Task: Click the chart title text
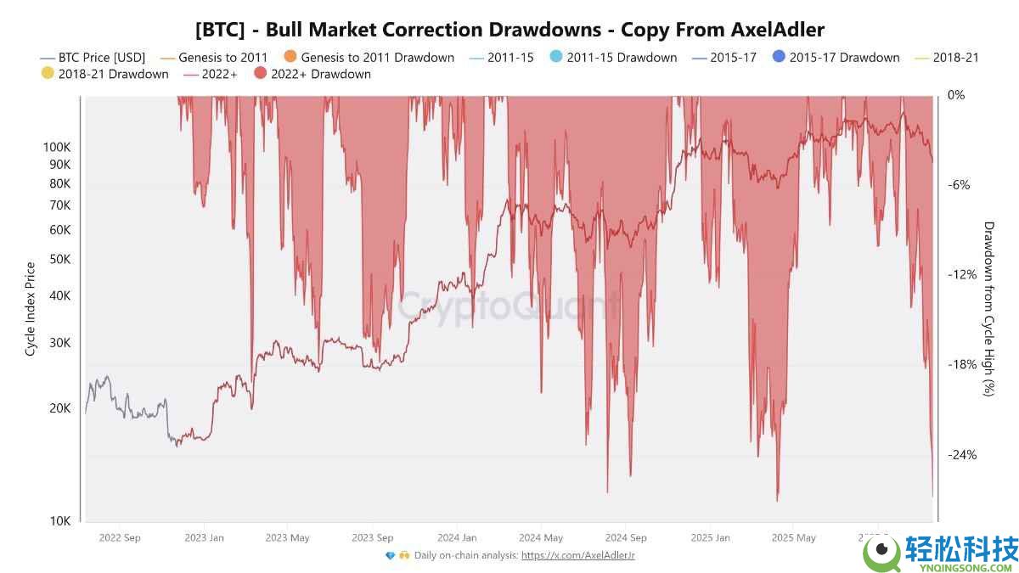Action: click(x=509, y=30)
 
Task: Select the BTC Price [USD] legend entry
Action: click(x=93, y=58)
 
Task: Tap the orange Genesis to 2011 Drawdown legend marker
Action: click(x=290, y=57)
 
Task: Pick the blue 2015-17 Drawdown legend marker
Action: click(x=779, y=57)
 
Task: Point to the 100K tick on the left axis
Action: click(x=57, y=147)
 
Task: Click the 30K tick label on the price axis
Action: click(x=59, y=342)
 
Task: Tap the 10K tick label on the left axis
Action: click(x=59, y=521)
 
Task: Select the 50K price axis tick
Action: click(x=59, y=259)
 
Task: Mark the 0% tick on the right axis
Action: click(x=957, y=95)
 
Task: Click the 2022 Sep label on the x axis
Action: click(x=120, y=537)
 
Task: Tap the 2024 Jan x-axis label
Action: click(x=457, y=537)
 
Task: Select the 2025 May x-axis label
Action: click(x=794, y=537)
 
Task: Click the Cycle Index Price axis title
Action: click(x=31, y=309)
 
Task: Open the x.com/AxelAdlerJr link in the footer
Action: click(x=577, y=555)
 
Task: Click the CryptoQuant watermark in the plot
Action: click(x=509, y=304)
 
